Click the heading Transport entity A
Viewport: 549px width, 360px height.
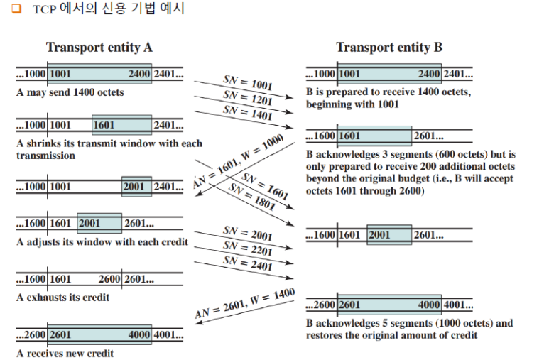[99, 48]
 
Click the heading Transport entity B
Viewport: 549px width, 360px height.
[389, 48]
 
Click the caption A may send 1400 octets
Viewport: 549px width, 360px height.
[70, 92]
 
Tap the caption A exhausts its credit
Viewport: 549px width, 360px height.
[62, 298]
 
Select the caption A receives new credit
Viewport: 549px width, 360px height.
[65, 353]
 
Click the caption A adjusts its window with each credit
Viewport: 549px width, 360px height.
[102, 242]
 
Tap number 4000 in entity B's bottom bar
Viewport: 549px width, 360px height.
[428, 305]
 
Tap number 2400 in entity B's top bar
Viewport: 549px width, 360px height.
[428, 74]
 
